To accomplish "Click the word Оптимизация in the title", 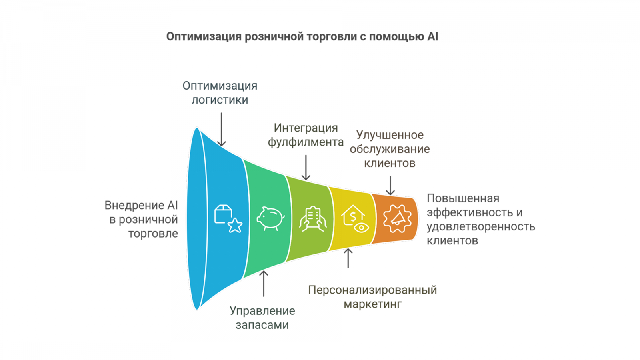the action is click(204, 37).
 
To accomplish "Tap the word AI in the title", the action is click(433, 36).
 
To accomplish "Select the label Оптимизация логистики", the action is click(220, 93).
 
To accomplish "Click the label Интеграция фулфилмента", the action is click(306, 135).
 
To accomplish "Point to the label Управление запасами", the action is click(262, 318).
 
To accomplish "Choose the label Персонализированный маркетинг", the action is click(372, 297).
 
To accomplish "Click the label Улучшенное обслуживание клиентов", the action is click(390, 149).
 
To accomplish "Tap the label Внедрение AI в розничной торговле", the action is click(141, 219).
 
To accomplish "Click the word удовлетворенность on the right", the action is click(481, 227).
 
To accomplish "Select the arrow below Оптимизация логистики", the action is click(221, 130).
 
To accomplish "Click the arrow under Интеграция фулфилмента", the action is click(306, 168).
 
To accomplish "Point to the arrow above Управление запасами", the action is click(264, 284).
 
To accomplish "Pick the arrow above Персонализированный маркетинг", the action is click(348, 258).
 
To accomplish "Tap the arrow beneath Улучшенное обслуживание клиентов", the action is click(390, 186).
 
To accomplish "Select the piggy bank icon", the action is click(270, 219).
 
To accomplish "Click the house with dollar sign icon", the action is click(355, 219).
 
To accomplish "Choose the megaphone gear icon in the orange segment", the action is click(397, 219).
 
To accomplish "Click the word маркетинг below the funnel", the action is click(372, 304).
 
